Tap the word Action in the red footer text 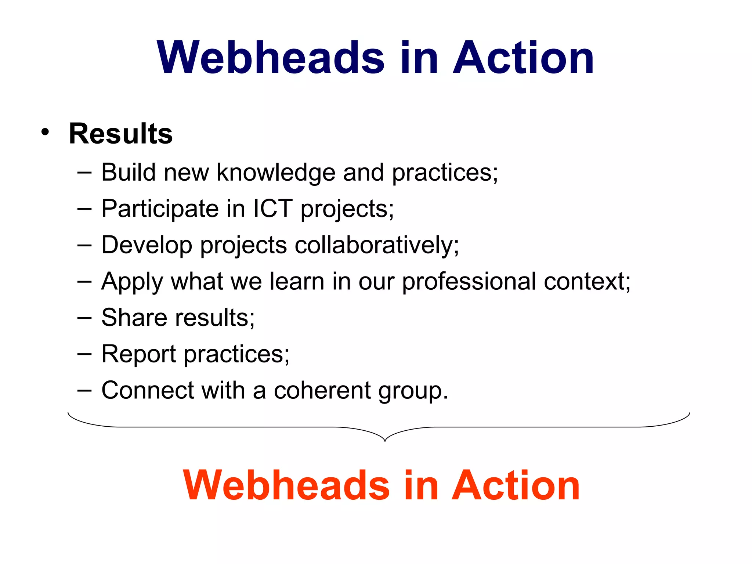click(516, 485)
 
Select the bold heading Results click(121, 134)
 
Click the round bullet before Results click(45, 132)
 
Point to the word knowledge click(276, 173)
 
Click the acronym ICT click(273, 209)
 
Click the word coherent click(322, 390)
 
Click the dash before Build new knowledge click(84, 173)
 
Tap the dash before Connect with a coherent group click(84, 390)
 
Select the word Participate click(160, 209)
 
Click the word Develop click(147, 245)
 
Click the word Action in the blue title click(523, 58)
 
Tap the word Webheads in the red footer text click(286, 485)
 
